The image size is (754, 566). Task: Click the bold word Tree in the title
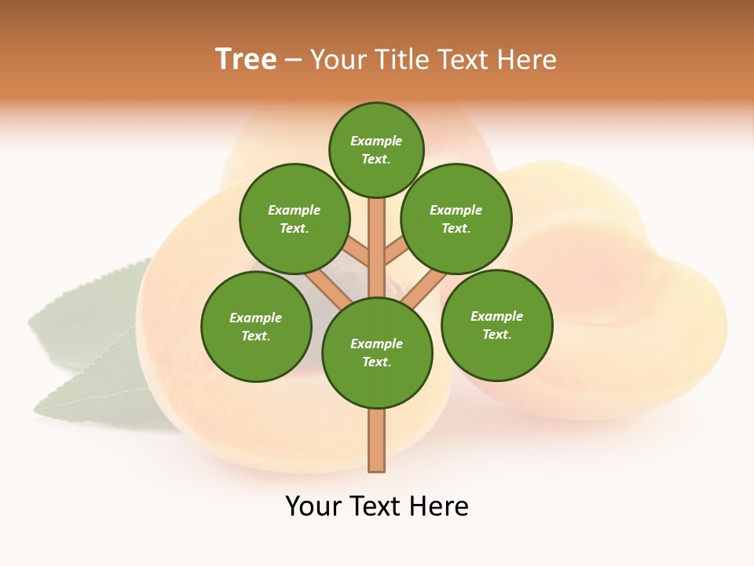pos(246,59)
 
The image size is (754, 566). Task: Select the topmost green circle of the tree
pos(376,149)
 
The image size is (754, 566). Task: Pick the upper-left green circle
pos(295,219)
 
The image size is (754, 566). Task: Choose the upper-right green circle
pos(456,219)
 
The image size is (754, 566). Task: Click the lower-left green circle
pos(256,326)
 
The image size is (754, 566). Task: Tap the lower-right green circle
pos(496,325)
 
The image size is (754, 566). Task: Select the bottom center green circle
pos(377,352)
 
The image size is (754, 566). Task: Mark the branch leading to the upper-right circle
pos(396,251)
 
